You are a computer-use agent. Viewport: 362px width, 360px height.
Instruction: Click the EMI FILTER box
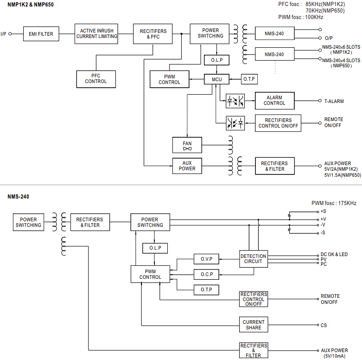[41, 34]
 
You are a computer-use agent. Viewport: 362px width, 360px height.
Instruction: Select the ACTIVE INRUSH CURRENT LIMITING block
[96, 34]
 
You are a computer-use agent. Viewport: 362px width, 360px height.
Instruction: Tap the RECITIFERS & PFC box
[153, 34]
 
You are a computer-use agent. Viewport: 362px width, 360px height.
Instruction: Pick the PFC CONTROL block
[96, 79]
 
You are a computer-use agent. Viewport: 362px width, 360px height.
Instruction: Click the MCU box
[217, 79]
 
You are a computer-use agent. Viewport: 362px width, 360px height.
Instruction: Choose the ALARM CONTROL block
[274, 101]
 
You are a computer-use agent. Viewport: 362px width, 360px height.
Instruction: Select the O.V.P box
[206, 259]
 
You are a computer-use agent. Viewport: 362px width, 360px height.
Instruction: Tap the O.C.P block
[206, 274]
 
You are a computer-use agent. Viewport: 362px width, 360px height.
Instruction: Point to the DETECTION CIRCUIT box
[253, 259]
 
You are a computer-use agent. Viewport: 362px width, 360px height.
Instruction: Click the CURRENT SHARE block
[254, 325]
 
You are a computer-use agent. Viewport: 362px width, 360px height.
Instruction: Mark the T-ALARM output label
[334, 101]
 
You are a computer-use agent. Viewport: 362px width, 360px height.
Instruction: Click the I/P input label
[4, 34]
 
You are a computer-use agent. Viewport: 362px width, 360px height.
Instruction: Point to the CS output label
[324, 325]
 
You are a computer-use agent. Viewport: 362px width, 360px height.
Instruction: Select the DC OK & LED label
[334, 255]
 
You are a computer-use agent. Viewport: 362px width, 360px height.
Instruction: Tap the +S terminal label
[323, 211]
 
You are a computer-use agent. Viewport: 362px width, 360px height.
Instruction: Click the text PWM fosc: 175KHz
[334, 203]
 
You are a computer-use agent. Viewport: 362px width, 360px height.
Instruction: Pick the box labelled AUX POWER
[187, 166]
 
